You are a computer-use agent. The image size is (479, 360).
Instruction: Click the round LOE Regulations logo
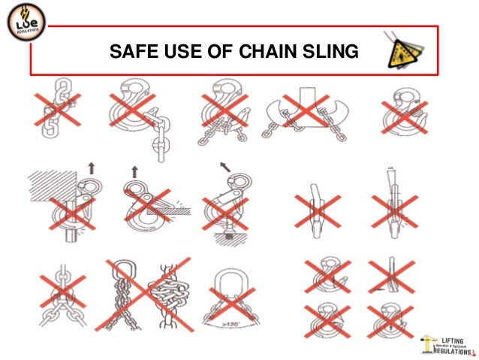coord(24,26)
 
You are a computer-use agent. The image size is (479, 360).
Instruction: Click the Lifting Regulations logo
coord(447,342)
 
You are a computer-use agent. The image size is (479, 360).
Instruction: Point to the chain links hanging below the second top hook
coord(159,143)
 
